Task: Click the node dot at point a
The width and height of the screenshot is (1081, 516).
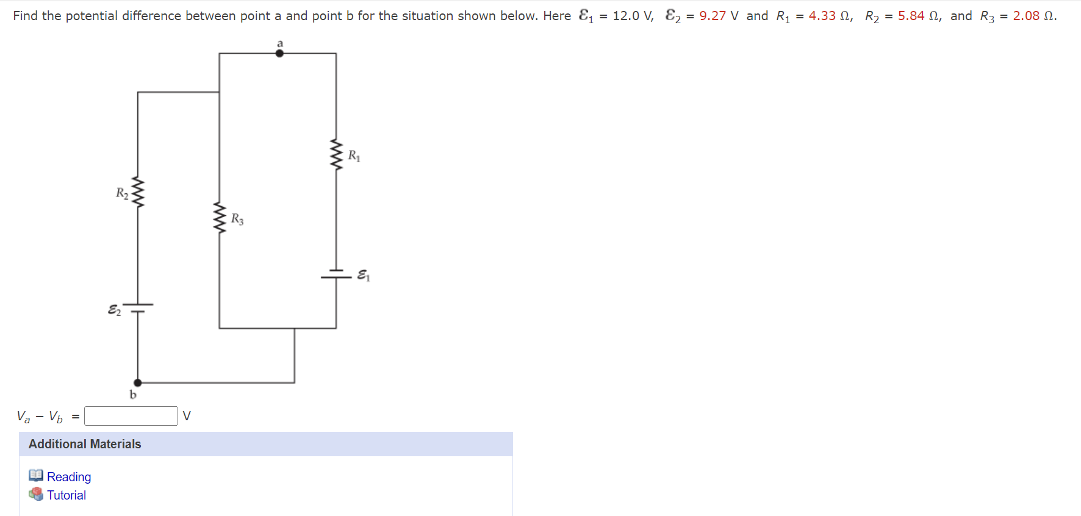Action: tap(279, 53)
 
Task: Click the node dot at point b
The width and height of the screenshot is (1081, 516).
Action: tap(138, 383)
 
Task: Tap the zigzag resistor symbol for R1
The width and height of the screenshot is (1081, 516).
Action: tap(336, 155)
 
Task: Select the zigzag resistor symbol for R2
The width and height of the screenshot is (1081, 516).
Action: tap(138, 193)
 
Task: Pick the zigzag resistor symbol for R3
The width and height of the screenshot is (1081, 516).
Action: tap(219, 218)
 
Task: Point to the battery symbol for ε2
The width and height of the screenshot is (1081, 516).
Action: tap(138, 307)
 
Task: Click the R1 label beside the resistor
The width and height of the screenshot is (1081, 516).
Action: tap(354, 156)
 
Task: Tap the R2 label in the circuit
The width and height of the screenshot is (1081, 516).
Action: tap(122, 193)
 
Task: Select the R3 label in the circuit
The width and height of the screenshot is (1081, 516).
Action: tap(237, 219)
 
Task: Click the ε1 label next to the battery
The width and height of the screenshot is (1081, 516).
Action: tap(363, 276)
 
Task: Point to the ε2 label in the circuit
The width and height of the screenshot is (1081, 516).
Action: tap(114, 310)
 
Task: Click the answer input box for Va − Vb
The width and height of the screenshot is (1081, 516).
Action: tap(131, 416)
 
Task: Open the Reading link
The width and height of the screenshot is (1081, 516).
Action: tap(69, 477)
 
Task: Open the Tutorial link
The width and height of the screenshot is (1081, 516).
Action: tap(66, 495)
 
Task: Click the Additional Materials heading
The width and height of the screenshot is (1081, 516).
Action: tap(85, 444)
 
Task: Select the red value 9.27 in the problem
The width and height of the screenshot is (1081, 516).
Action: tap(713, 16)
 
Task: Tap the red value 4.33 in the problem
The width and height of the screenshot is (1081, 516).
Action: tap(822, 16)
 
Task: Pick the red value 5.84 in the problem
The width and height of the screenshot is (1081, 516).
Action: tap(911, 16)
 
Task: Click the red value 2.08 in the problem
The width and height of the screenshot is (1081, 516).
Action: tap(1026, 16)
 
